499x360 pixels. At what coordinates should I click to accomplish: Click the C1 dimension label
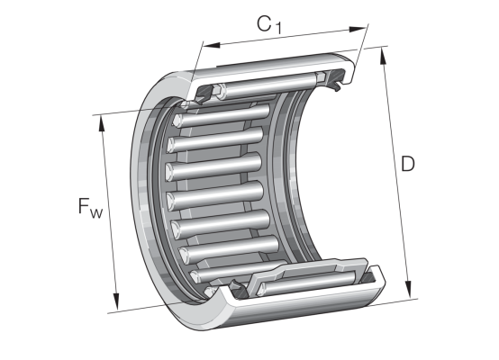tap(269, 25)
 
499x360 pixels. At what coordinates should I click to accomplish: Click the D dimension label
tap(408, 164)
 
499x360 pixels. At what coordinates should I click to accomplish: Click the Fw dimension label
tap(90, 207)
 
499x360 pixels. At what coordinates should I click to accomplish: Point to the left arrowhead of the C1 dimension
tap(212, 45)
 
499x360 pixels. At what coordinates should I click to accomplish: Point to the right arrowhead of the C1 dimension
tap(358, 30)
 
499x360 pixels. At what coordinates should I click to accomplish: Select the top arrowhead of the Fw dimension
tap(102, 123)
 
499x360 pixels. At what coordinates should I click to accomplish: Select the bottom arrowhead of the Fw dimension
tap(116, 301)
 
